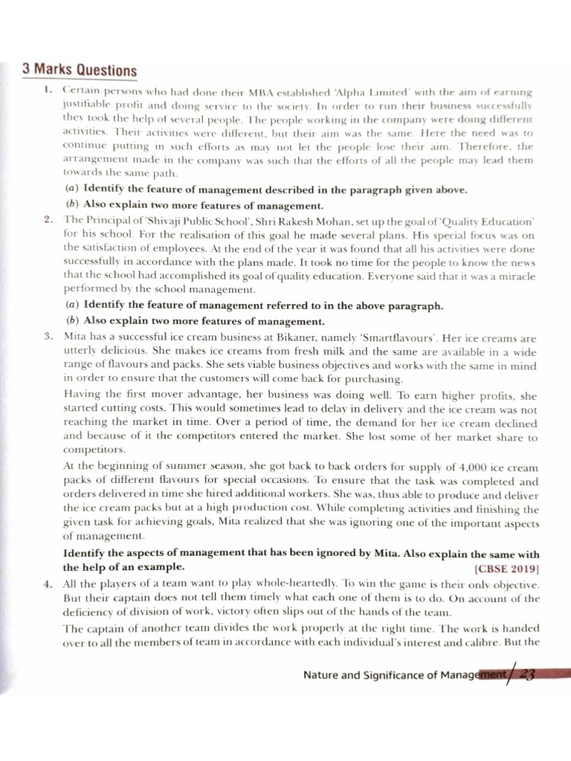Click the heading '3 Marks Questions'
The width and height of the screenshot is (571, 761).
(x=80, y=71)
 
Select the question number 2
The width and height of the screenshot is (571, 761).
(x=48, y=220)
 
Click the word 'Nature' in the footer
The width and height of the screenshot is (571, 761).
(x=323, y=675)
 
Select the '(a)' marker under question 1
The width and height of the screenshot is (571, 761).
(x=72, y=190)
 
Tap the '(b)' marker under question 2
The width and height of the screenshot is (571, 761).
(x=72, y=321)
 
